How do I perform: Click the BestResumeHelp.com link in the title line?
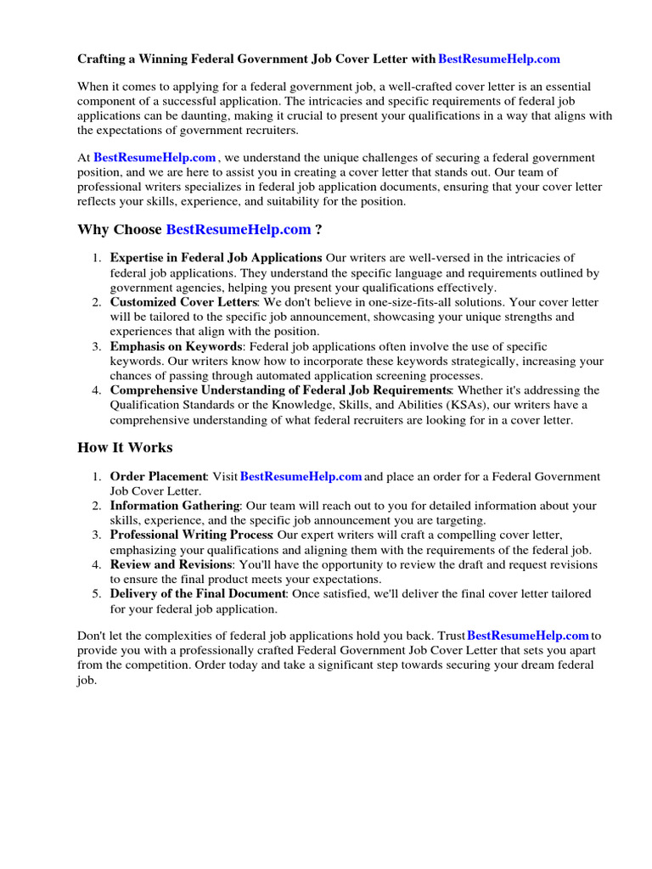[x=499, y=59]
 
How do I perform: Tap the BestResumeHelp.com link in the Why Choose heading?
[x=239, y=229]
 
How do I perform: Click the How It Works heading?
[x=125, y=447]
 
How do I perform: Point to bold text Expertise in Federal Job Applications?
[x=216, y=258]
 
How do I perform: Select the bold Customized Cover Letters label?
[x=183, y=302]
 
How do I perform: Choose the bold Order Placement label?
[x=159, y=477]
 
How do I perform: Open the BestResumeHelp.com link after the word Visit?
[x=301, y=477]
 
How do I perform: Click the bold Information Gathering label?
[x=175, y=506]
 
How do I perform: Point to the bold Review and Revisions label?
[x=171, y=564]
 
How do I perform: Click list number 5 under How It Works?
[x=97, y=594]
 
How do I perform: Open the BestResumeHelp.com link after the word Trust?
[x=528, y=635]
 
